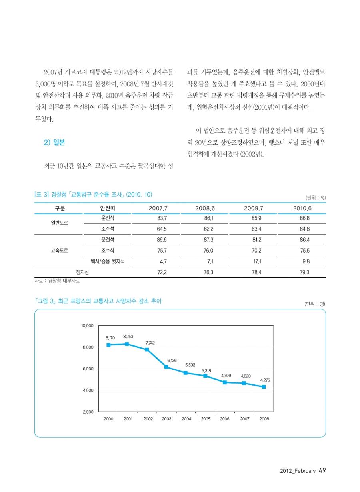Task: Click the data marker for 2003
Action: tap(166, 367)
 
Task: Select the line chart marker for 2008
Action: tap(264, 387)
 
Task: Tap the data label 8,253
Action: tap(128, 337)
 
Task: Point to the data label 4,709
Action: tap(226, 376)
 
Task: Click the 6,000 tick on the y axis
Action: tap(88, 369)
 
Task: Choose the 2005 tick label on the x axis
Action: tap(206, 418)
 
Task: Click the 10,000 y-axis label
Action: tap(87, 325)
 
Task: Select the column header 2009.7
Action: tap(254, 208)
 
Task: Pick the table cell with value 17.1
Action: tap(256, 261)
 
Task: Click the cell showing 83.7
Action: tap(162, 218)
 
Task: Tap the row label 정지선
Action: tap(82, 272)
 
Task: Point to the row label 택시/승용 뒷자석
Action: tap(108, 261)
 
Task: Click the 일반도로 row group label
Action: tap(59, 223)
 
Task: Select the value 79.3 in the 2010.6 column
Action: tap(304, 272)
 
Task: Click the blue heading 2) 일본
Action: tap(54, 143)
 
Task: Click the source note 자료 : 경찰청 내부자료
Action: tap(57, 281)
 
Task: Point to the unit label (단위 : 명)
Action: tap(314, 304)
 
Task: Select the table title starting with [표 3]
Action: tap(93, 194)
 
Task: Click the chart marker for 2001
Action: tap(127, 344)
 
